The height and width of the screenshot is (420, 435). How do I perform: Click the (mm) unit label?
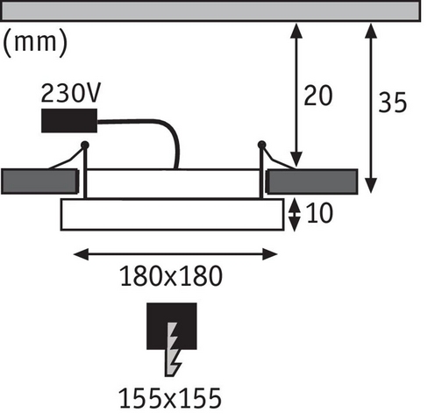(35, 43)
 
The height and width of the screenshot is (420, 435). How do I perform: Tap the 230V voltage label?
(71, 93)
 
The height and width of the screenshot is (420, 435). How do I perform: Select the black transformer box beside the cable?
(69, 120)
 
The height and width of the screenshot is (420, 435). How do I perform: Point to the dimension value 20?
(318, 96)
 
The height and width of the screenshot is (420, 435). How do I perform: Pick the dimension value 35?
(392, 103)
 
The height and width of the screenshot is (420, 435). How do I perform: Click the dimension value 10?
(319, 213)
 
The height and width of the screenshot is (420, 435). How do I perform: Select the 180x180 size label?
(171, 276)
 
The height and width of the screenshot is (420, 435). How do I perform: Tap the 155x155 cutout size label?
(170, 398)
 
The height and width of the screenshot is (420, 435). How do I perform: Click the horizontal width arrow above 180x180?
(175, 254)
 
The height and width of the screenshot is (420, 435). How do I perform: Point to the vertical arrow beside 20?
(296, 96)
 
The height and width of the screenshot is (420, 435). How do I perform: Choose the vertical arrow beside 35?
(371, 108)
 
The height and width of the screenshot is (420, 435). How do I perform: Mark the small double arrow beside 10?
(295, 215)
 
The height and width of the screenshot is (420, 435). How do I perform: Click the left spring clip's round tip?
(85, 145)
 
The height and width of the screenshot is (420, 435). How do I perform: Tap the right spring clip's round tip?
(261, 145)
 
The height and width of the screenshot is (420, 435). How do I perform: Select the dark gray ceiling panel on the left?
(39, 182)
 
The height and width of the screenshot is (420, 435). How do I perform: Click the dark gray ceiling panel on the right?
(312, 182)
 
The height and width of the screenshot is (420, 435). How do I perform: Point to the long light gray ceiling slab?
(210, 11)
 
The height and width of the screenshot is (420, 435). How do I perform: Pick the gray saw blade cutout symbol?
(174, 349)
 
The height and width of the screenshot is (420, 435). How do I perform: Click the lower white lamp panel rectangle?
(172, 215)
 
